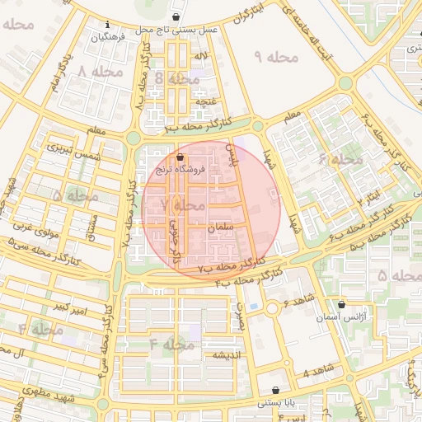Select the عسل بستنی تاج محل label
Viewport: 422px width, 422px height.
[176, 29]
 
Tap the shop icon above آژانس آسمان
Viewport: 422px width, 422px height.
[341, 304]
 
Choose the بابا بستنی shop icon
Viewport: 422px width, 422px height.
[275, 391]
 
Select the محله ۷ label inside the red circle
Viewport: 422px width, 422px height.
[182, 204]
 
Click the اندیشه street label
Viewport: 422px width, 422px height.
[227, 355]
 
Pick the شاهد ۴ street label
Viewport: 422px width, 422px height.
[316, 369]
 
